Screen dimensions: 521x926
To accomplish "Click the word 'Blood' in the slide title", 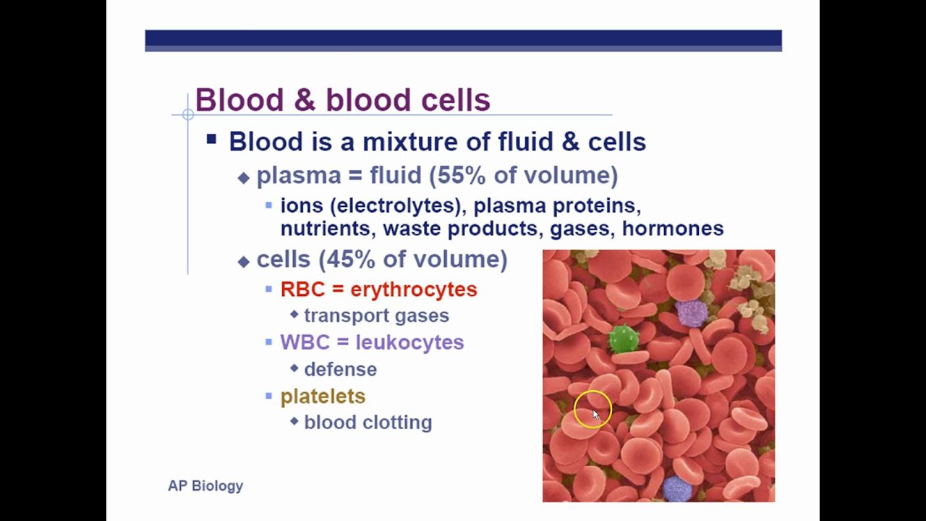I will [239, 100].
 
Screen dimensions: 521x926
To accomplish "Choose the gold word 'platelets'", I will [323, 397].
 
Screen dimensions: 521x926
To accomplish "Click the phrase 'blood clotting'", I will [368, 423].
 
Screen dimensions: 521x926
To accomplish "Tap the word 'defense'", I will [340, 369].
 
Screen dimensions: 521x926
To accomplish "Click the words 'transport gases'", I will [376, 315].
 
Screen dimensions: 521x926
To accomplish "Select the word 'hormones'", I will [673, 229].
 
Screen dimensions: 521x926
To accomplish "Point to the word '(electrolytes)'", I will [396, 206].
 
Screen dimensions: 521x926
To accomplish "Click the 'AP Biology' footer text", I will [205, 486].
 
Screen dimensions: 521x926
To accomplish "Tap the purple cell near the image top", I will [692, 313].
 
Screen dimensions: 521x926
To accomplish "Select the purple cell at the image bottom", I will [677, 488].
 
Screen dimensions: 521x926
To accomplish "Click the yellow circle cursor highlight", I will [592, 410].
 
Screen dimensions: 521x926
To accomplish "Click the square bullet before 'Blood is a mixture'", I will [211, 139].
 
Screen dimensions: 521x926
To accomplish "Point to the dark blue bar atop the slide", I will [463, 40].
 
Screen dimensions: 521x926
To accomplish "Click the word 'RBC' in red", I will [302, 289].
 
